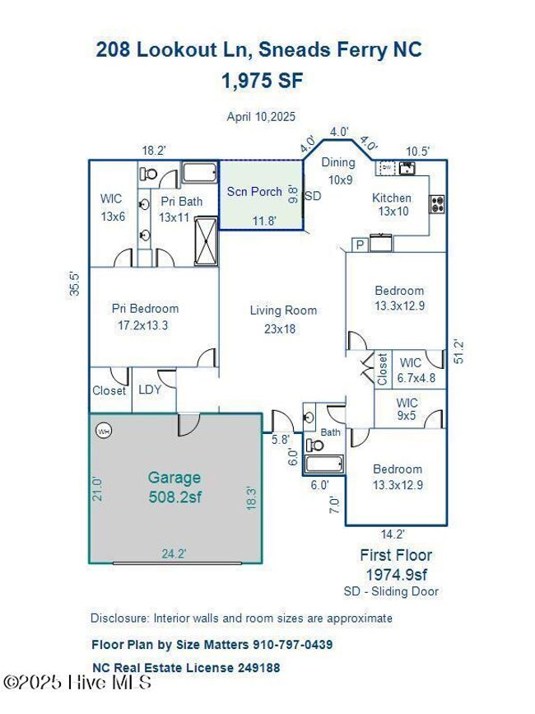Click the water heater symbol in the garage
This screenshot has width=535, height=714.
tap(104, 431)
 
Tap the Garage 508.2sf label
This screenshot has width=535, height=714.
tap(174, 487)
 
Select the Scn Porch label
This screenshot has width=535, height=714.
tap(254, 192)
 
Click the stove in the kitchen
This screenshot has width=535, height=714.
tap(437, 204)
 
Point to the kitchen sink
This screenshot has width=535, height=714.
tap(407, 168)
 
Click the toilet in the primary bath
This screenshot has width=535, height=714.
tap(148, 174)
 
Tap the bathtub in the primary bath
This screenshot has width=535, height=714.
tap(199, 173)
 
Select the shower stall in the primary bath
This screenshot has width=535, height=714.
tap(206, 241)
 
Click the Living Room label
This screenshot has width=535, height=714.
tap(283, 310)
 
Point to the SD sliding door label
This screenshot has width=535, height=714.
tap(313, 196)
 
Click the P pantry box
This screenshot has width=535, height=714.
tap(360, 245)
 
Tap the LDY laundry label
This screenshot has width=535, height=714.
tap(150, 390)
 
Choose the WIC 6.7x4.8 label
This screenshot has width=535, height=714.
tap(416, 371)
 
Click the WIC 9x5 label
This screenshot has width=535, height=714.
tap(407, 409)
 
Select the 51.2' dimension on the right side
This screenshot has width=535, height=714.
tap(459, 351)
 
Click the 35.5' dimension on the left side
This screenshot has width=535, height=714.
tap(75, 283)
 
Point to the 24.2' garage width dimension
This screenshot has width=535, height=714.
tap(174, 553)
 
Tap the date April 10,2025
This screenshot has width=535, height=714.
tap(261, 117)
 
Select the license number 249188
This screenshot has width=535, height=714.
tap(258, 668)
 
